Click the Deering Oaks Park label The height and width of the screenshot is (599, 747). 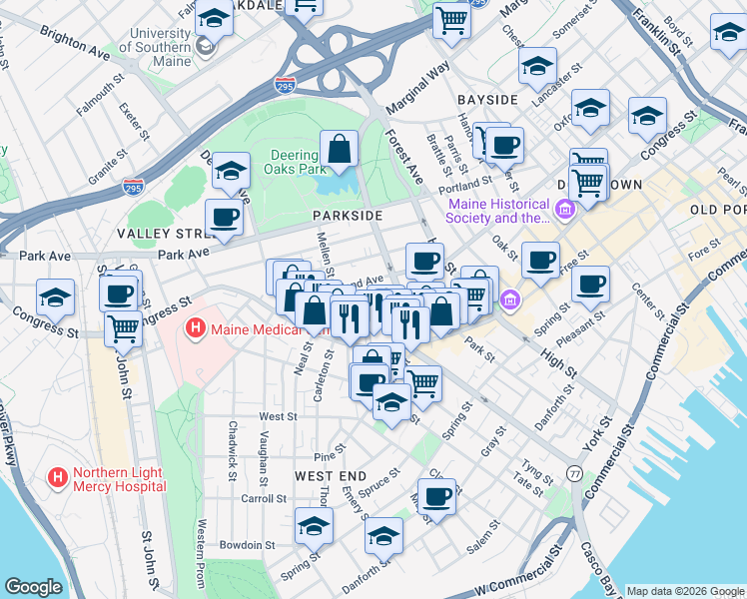300,162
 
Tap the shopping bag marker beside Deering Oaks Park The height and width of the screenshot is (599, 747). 340,150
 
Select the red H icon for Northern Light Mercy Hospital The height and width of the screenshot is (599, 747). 58,478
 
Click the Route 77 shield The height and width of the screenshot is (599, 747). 575,472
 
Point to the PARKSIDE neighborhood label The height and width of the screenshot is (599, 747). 347,216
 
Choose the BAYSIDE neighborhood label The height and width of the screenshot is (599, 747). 487,100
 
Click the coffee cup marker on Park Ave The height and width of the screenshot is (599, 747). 224,217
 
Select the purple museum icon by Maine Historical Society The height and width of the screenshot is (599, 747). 567,210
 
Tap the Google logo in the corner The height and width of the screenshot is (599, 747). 34,587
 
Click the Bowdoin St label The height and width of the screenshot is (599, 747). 248,545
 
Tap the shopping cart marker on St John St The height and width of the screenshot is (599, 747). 123,327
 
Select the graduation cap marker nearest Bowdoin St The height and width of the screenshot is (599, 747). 314,525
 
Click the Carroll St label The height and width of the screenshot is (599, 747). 264,498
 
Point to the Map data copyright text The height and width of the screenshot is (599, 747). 683,590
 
